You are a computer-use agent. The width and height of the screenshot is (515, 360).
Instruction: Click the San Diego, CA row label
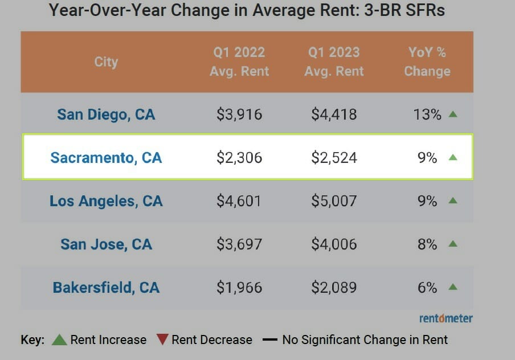click(x=106, y=114)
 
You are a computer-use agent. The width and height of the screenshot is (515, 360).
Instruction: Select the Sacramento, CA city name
click(x=106, y=157)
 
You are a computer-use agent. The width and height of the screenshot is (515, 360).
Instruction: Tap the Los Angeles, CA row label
click(x=106, y=201)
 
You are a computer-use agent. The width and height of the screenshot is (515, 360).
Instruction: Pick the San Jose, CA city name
click(x=106, y=244)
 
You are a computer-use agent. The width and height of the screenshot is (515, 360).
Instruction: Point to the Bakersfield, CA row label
click(x=106, y=288)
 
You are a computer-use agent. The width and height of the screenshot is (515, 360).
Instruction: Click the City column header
click(x=106, y=62)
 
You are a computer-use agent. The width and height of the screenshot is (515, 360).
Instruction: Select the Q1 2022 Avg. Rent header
click(x=239, y=62)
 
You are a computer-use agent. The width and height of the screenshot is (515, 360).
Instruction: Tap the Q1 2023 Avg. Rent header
click(x=334, y=62)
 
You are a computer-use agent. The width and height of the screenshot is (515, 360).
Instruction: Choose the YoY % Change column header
click(x=427, y=62)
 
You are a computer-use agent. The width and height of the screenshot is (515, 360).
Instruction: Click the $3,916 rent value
click(x=239, y=114)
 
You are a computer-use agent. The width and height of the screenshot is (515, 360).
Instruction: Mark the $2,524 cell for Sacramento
click(x=334, y=158)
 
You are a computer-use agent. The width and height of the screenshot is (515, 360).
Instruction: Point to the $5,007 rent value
click(x=334, y=201)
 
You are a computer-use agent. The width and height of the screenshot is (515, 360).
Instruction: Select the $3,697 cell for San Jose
click(x=239, y=244)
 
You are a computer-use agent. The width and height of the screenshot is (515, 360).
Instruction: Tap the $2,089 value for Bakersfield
click(x=334, y=288)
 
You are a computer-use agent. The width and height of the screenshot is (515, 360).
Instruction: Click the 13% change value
click(x=427, y=114)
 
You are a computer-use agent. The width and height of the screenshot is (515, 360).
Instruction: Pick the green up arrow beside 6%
click(x=453, y=287)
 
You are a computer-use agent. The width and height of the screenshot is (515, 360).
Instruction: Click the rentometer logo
click(x=446, y=318)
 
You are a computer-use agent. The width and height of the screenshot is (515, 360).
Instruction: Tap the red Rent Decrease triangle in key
click(x=162, y=340)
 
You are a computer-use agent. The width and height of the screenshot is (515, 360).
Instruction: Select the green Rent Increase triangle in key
click(x=59, y=340)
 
